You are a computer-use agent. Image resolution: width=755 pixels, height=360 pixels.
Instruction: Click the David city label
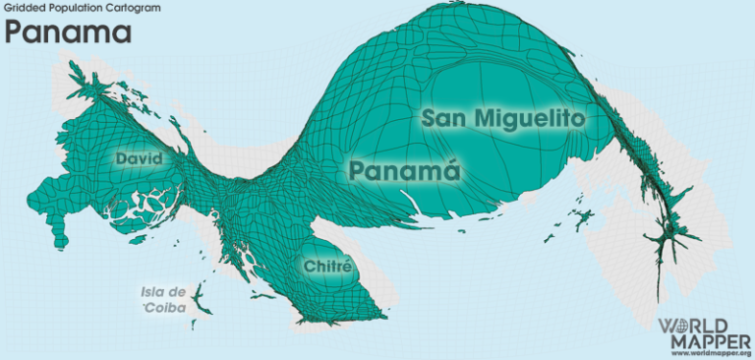click(138, 158)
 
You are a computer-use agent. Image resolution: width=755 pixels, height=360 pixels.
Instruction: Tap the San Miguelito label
click(503, 119)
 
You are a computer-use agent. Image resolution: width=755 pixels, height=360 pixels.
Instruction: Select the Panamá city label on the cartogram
click(405, 170)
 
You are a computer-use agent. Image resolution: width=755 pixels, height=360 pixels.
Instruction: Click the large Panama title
click(68, 32)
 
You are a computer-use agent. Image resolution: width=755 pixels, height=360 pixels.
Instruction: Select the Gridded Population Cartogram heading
click(68, 6)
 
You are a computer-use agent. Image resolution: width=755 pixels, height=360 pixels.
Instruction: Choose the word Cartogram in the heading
click(107, 6)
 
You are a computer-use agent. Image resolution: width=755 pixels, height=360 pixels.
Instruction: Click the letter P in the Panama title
click(15, 32)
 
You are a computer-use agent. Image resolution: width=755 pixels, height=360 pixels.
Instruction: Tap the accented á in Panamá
click(449, 170)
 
